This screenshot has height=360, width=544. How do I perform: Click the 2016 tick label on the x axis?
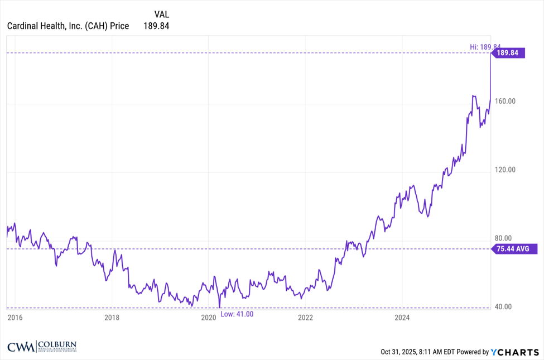pos(15,318)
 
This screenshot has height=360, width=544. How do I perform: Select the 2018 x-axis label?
pos(112,318)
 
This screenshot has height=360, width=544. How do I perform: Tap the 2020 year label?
pos(208,318)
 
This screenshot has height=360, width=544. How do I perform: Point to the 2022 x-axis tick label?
pos(305,318)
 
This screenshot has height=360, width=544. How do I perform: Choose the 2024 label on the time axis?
pos(402,318)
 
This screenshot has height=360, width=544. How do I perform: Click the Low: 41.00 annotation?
pos(237,314)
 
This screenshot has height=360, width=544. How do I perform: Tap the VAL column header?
pos(161,14)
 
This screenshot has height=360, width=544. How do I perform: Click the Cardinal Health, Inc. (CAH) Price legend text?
pos(68,26)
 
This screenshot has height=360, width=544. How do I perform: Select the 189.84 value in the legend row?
pos(157,26)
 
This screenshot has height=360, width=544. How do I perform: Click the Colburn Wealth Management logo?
pos(42,347)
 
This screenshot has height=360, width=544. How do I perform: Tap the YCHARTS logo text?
pos(516,352)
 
